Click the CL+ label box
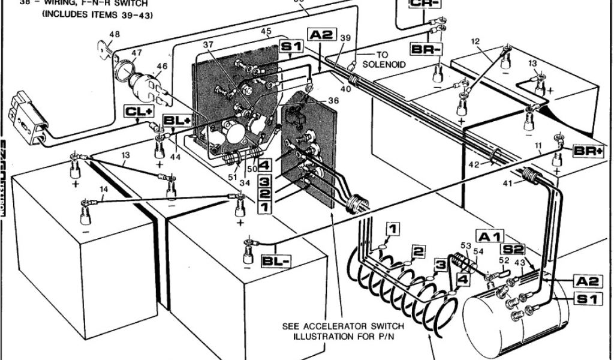click(138, 110)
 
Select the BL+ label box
click(179, 121)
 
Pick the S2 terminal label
click(514, 248)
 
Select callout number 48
click(114, 34)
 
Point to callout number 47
click(137, 53)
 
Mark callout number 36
click(333, 100)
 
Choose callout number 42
click(474, 164)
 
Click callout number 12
click(475, 41)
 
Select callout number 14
click(104, 190)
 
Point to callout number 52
click(503, 260)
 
